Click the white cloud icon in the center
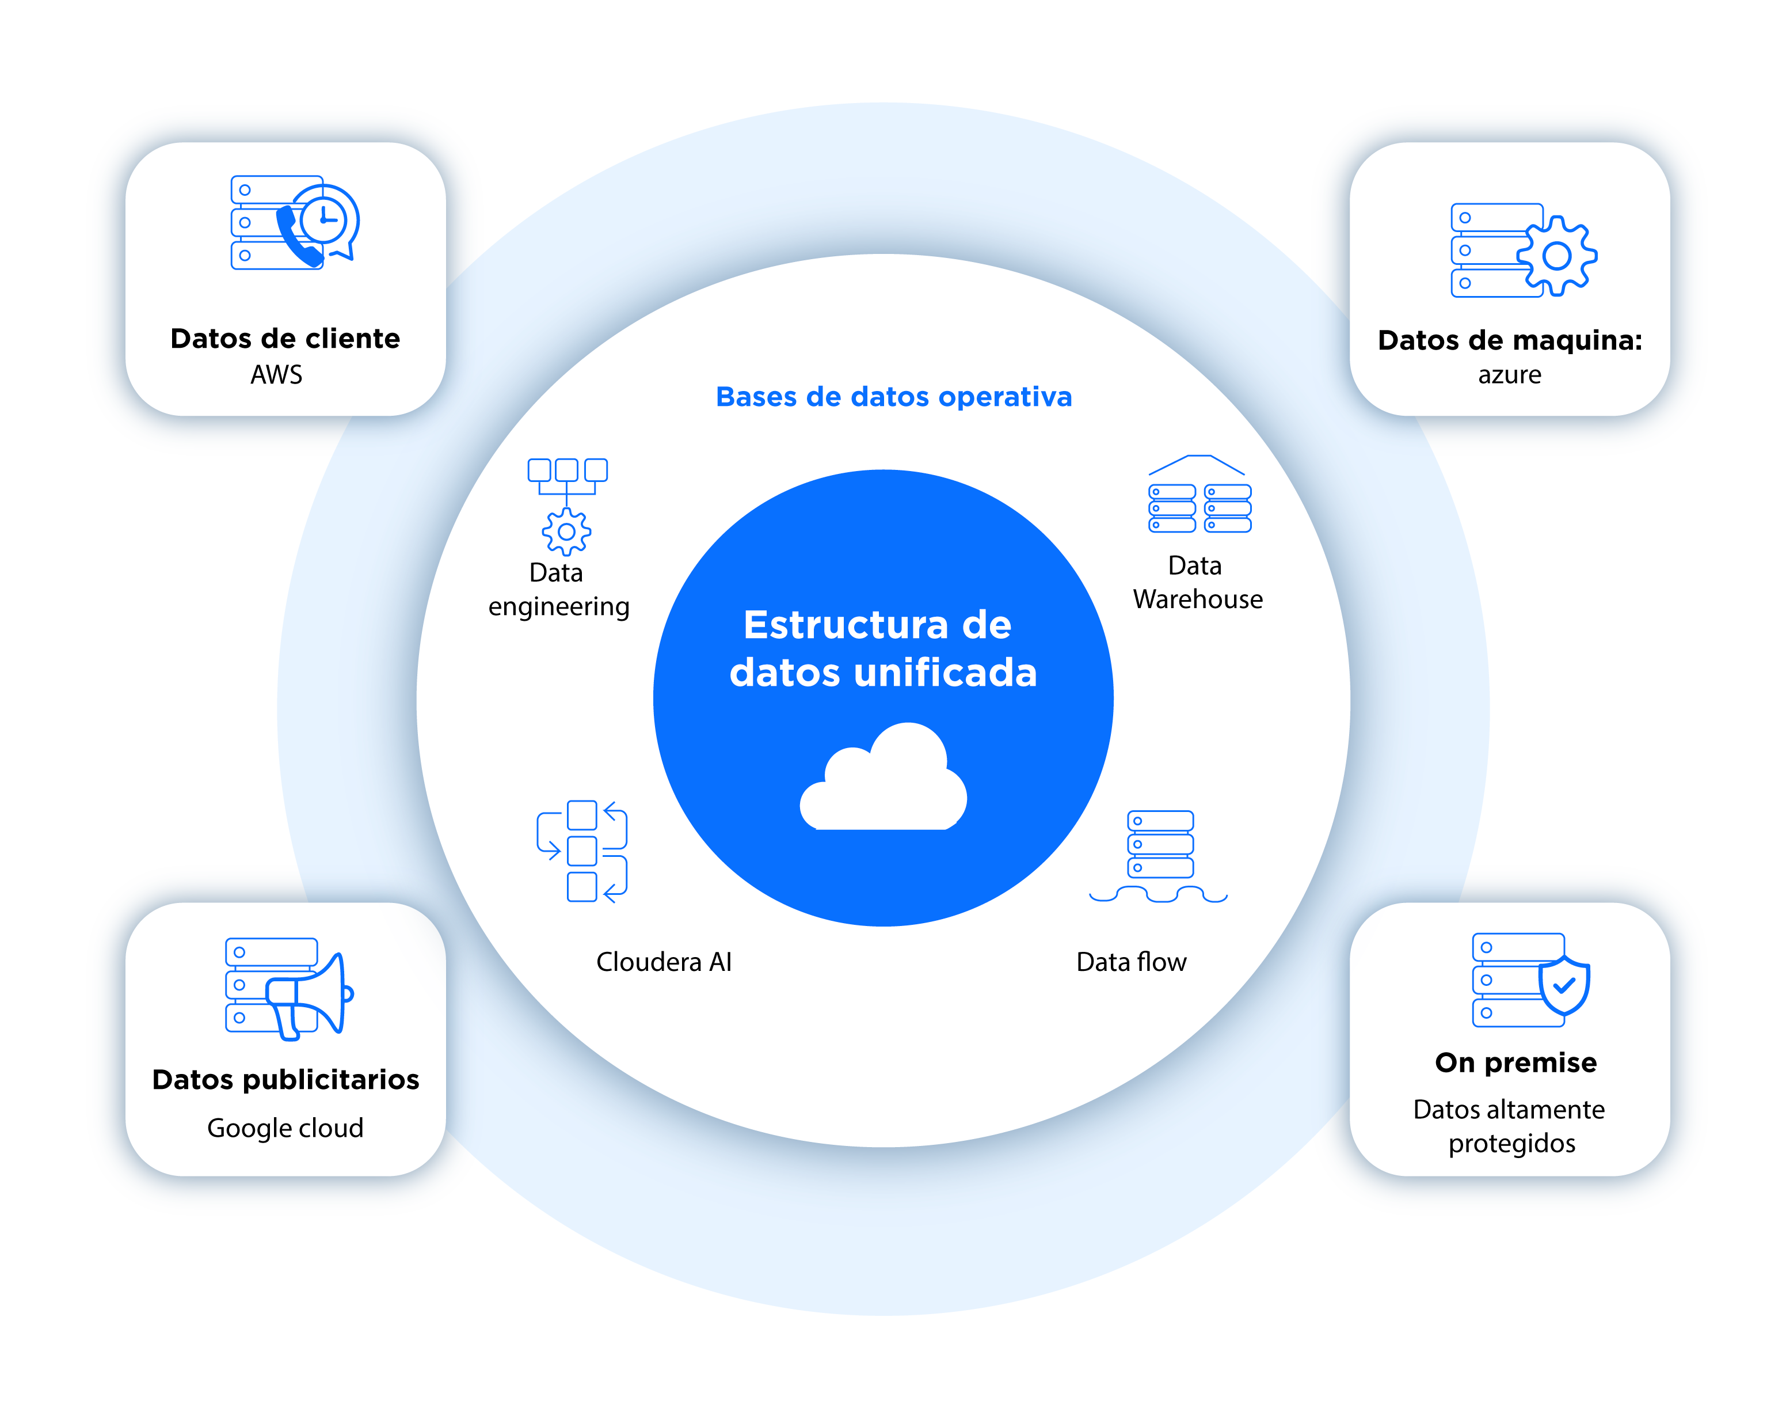click(883, 781)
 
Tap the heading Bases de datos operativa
click(893, 397)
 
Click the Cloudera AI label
click(664, 962)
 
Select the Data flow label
click(1131, 962)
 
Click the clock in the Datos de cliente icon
click(324, 219)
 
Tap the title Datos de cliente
click(285, 339)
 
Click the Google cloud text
click(285, 1128)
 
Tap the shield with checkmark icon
click(1563, 985)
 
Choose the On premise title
click(1515, 1062)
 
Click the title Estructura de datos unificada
click(883, 648)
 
